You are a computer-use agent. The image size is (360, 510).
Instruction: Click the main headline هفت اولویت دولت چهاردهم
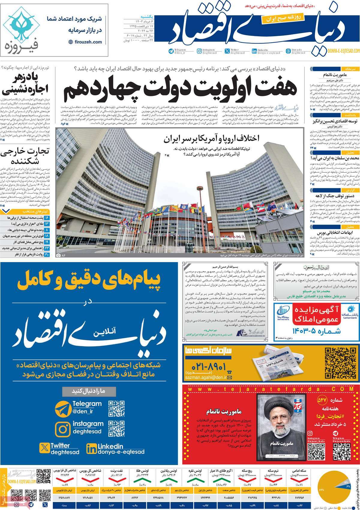[x=180, y=88]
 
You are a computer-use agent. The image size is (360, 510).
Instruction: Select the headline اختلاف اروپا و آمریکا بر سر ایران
[x=211, y=139]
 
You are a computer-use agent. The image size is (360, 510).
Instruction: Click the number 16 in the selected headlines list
[x=47, y=217]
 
